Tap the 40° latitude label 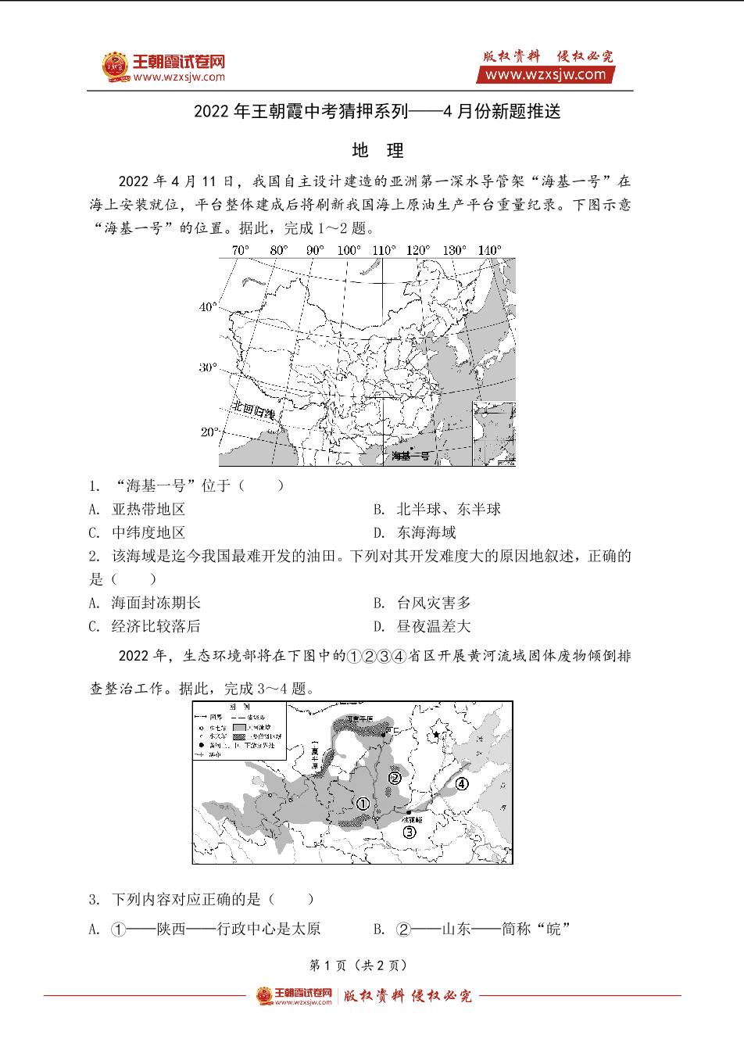point(208,307)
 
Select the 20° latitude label point(209,432)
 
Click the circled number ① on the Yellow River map point(363,804)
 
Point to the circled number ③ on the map point(410,832)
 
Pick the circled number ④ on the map point(462,783)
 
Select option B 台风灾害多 point(433,603)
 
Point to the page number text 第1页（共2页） point(359,965)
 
